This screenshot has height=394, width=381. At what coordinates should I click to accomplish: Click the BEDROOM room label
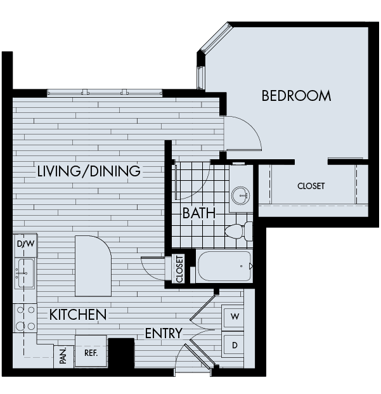pos(296,96)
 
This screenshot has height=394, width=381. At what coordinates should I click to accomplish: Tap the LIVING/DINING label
pos(89,171)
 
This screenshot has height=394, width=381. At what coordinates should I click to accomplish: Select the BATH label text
pos(198,213)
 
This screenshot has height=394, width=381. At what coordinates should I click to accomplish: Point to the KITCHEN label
pos(77,314)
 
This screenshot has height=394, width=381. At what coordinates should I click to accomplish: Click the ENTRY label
pos(164,333)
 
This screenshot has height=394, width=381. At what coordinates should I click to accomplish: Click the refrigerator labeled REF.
pos(91,351)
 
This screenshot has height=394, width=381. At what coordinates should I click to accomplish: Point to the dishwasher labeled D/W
pos(25,244)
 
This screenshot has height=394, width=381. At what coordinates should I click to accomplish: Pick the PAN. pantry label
pos(63,356)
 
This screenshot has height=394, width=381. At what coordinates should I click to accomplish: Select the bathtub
pos(224,266)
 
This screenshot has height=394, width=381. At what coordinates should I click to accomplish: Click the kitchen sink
pos(25,273)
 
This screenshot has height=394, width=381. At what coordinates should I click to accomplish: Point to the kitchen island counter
pos(93,265)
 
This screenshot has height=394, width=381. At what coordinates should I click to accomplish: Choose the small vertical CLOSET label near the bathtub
pos(179,268)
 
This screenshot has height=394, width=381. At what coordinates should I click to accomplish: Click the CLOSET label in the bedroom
pos(311,186)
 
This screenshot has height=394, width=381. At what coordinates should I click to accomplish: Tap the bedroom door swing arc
pos(245,132)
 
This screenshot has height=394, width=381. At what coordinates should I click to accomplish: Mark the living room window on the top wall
pos(105,93)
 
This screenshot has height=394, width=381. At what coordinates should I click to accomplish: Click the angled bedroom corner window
pos(215,39)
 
